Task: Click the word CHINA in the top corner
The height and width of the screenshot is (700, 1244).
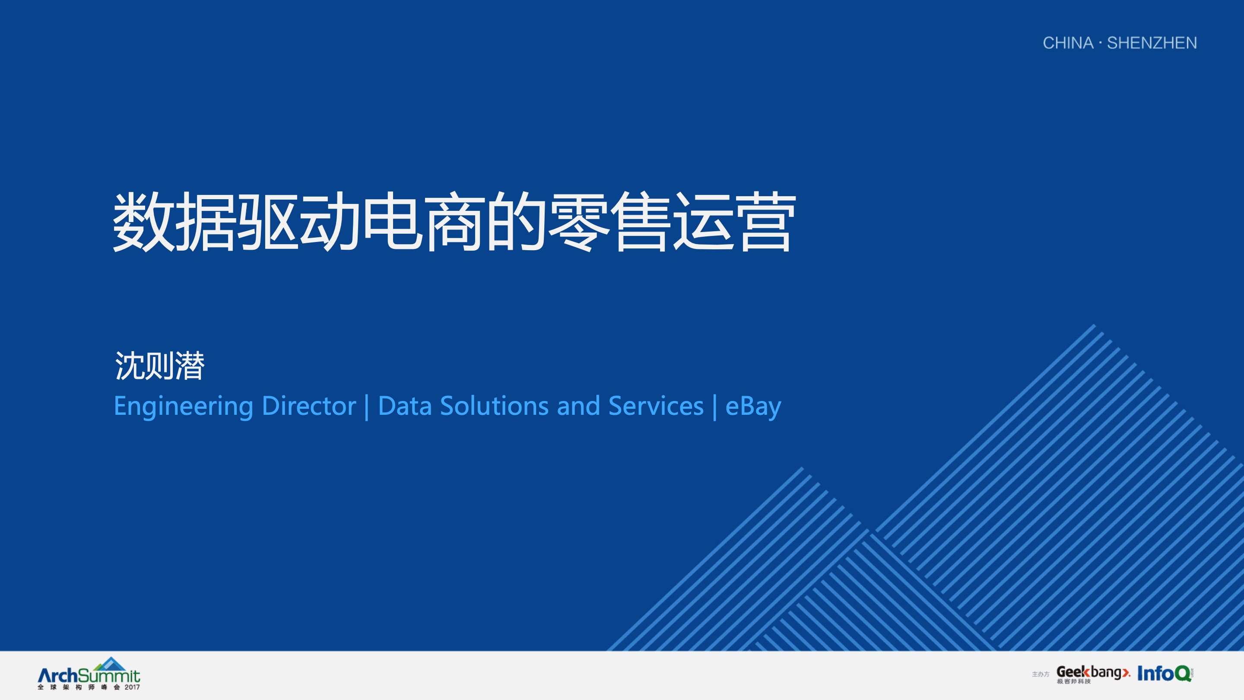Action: (x=1068, y=43)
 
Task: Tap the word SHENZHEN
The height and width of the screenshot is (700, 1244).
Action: (x=1152, y=43)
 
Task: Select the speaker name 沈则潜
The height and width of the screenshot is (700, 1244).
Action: (x=159, y=366)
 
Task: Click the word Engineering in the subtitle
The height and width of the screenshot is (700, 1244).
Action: (x=184, y=407)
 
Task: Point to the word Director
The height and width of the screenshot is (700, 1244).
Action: (x=309, y=406)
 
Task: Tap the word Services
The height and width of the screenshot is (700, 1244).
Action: (x=656, y=406)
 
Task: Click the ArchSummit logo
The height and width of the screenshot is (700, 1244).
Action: (x=89, y=674)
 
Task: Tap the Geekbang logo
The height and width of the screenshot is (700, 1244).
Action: (x=1093, y=674)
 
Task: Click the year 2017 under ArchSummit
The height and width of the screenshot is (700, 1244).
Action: (x=132, y=687)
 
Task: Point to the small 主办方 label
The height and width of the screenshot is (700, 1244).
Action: (x=1041, y=675)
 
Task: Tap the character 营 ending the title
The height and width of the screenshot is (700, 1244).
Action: (x=765, y=222)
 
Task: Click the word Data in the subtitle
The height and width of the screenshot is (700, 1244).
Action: (x=405, y=406)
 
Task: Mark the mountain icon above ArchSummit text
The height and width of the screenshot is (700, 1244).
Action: (x=110, y=663)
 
